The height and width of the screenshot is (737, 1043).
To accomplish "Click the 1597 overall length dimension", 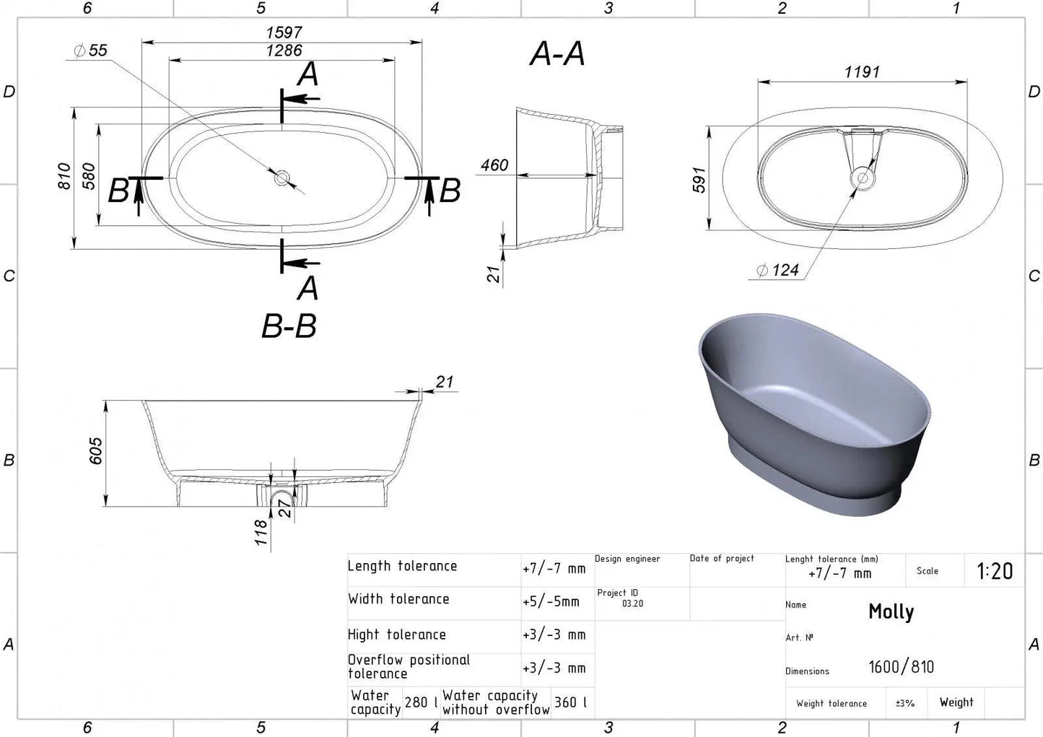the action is point(284,32).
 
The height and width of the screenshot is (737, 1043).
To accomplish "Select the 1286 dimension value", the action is point(284,51).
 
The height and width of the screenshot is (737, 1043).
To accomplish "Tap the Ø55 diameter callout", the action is point(91,51).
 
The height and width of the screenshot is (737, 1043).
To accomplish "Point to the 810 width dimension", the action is point(64,176).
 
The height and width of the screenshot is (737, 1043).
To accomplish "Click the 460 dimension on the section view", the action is point(494,165).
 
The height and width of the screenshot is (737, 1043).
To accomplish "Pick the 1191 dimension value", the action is point(862,72).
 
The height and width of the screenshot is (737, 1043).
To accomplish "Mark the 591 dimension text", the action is point(699,180).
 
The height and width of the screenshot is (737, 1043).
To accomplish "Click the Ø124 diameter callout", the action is point(777,270).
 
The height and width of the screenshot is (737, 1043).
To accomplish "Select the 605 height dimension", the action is point(95,450).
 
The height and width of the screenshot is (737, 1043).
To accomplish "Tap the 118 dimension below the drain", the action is point(261,532).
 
